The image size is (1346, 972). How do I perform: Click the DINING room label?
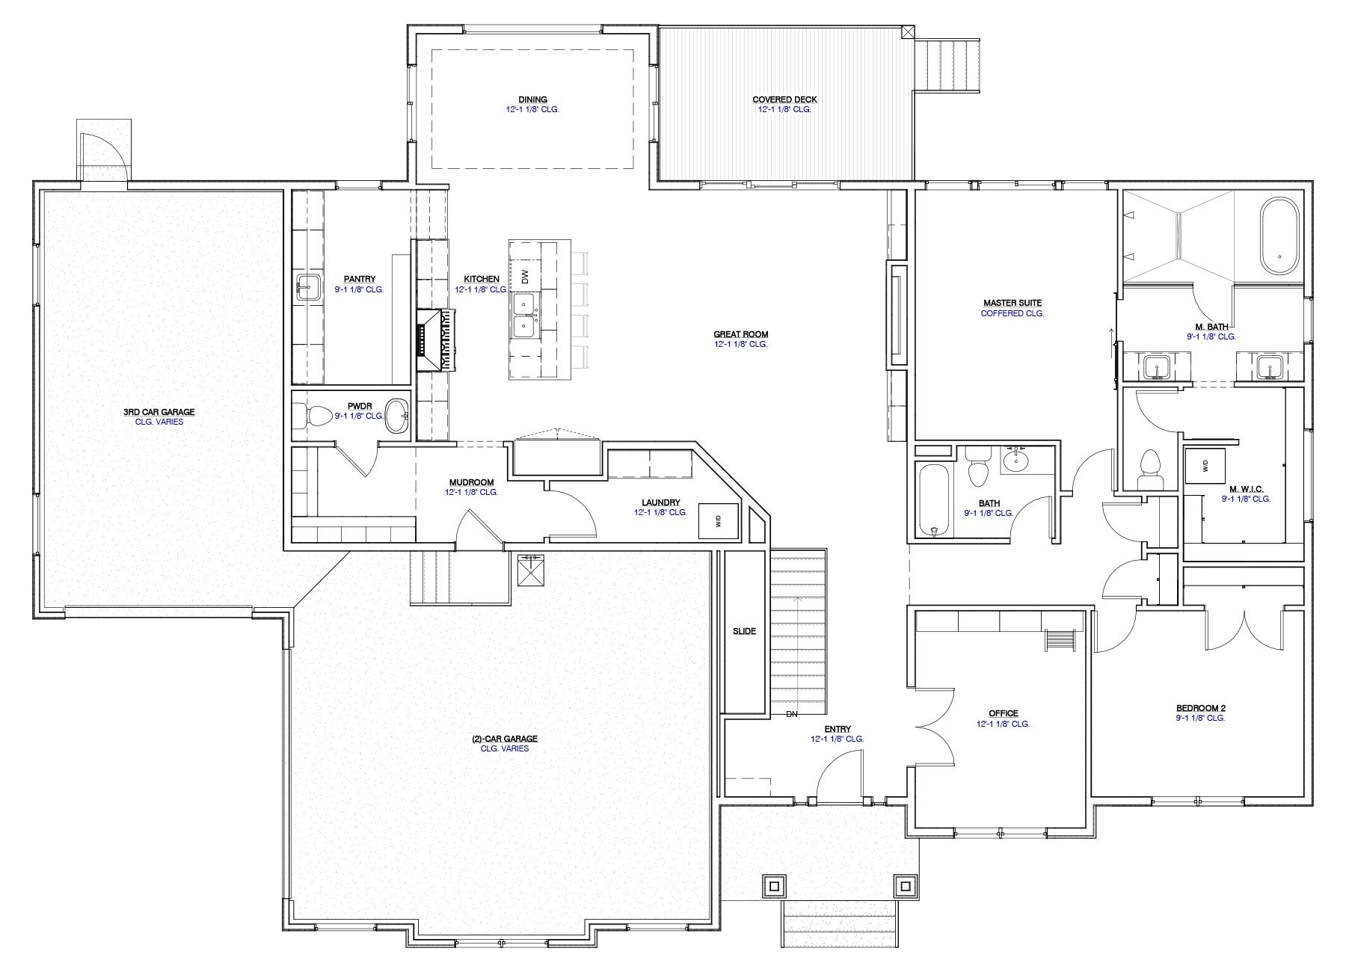(x=532, y=99)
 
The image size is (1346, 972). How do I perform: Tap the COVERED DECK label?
(x=784, y=99)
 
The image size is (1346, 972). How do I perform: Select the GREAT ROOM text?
(x=740, y=335)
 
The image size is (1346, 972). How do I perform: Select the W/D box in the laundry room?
(x=718, y=521)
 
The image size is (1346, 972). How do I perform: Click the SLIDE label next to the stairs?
(x=744, y=631)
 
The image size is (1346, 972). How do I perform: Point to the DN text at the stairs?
(x=792, y=714)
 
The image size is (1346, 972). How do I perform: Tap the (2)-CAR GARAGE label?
(x=504, y=739)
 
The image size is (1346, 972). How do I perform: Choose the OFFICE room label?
(x=1003, y=714)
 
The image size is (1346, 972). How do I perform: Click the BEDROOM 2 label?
(x=1200, y=708)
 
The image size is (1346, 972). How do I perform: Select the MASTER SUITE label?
(x=1012, y=303)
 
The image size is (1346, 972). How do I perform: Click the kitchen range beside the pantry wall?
(x=435, y=340)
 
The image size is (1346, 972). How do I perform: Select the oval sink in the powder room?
(x=397, y=416)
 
